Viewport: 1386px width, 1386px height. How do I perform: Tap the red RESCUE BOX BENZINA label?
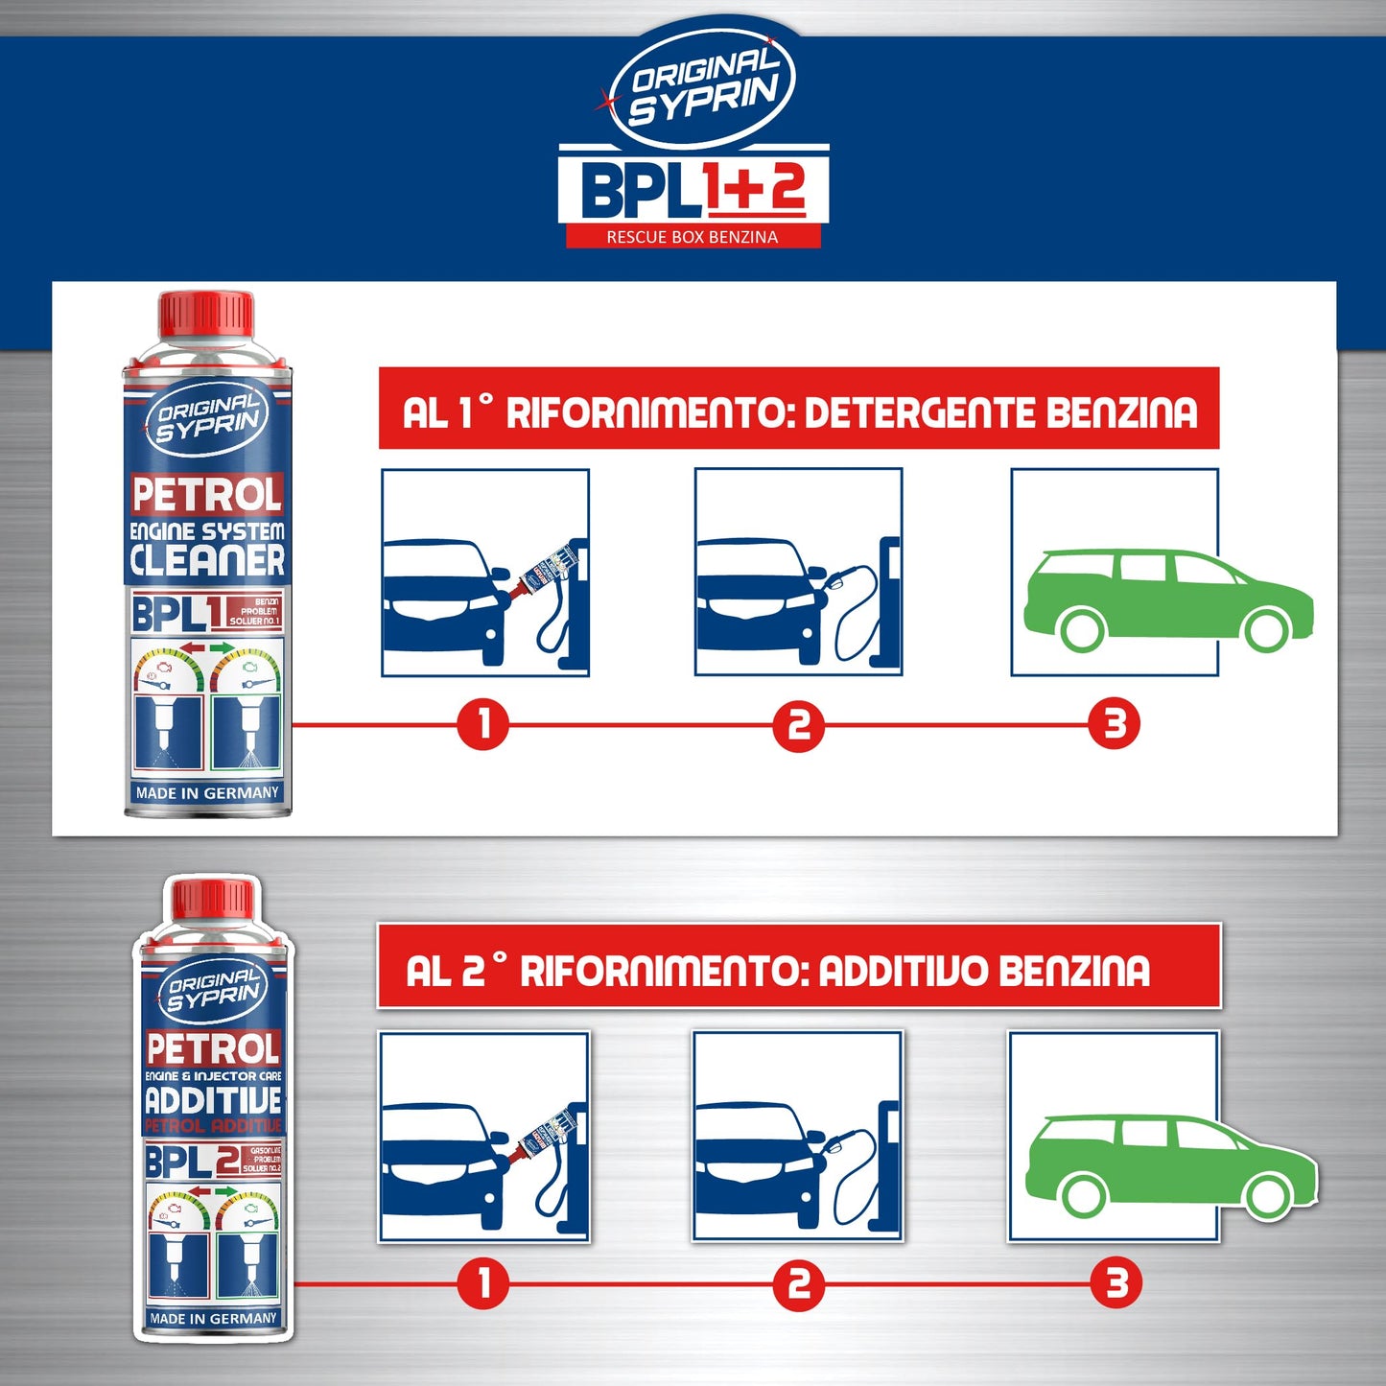(693, 237)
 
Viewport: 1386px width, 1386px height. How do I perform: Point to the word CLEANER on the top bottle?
(207, 561)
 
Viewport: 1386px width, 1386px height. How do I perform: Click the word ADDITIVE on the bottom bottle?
(213, 1099)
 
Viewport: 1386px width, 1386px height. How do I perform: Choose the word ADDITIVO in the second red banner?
(903, 971)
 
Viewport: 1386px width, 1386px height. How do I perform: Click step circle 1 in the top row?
(482, 724)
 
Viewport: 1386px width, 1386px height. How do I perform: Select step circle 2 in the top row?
(798, 725)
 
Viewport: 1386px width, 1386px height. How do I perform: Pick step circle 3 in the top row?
(1114, 724)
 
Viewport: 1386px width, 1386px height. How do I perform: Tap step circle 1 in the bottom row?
(482, 1283)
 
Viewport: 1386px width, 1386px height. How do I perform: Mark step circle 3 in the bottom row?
(1116, 1283)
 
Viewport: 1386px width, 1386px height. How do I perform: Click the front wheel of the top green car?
(1267, 629)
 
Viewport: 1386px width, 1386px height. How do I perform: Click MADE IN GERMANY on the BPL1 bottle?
(207, 793)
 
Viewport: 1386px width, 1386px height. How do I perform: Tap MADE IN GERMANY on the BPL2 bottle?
(213, 1319)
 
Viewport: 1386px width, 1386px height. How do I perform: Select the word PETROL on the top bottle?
(207, 496)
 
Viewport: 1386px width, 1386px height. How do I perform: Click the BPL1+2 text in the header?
(693, 189)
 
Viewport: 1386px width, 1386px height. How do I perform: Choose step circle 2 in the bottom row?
(798, 1283)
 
